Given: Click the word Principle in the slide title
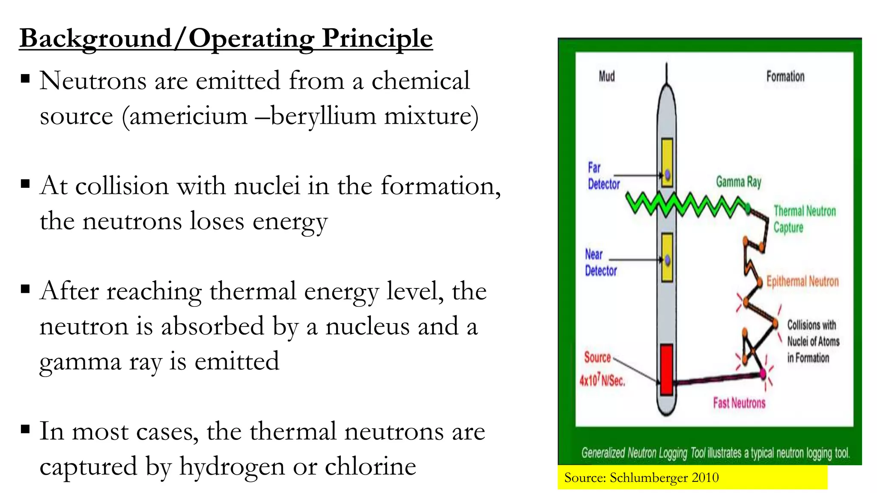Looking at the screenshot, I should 377,39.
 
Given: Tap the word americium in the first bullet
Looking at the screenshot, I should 188,116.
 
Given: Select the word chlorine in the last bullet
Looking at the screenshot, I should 370,466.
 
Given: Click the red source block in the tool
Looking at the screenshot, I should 666,369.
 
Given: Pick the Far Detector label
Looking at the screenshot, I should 603,176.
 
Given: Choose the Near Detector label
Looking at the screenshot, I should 601,263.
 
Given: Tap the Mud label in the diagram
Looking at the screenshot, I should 607,77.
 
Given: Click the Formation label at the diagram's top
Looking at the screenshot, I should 785,77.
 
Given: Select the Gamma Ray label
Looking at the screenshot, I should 739,182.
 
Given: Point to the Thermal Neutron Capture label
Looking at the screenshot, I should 804,219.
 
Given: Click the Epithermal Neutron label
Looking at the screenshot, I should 802,281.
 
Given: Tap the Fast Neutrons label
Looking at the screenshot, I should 739,403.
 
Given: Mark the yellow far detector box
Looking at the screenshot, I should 667,162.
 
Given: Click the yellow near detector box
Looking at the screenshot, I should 667,257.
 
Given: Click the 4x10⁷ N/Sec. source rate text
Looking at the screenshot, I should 602,380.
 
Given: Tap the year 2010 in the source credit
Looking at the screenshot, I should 705,478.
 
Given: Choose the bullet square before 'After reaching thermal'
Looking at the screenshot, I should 25,289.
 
